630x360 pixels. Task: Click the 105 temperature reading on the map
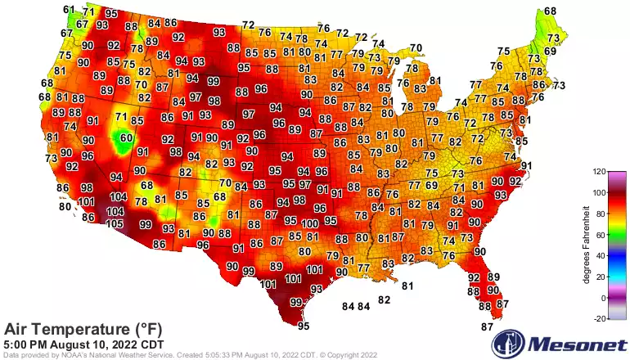[115, 223]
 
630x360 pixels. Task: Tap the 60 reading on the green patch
[125, 138]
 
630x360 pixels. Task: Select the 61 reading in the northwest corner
[69, 10]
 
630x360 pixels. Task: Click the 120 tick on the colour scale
[600, 172]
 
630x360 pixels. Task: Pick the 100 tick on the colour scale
[600, 193]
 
